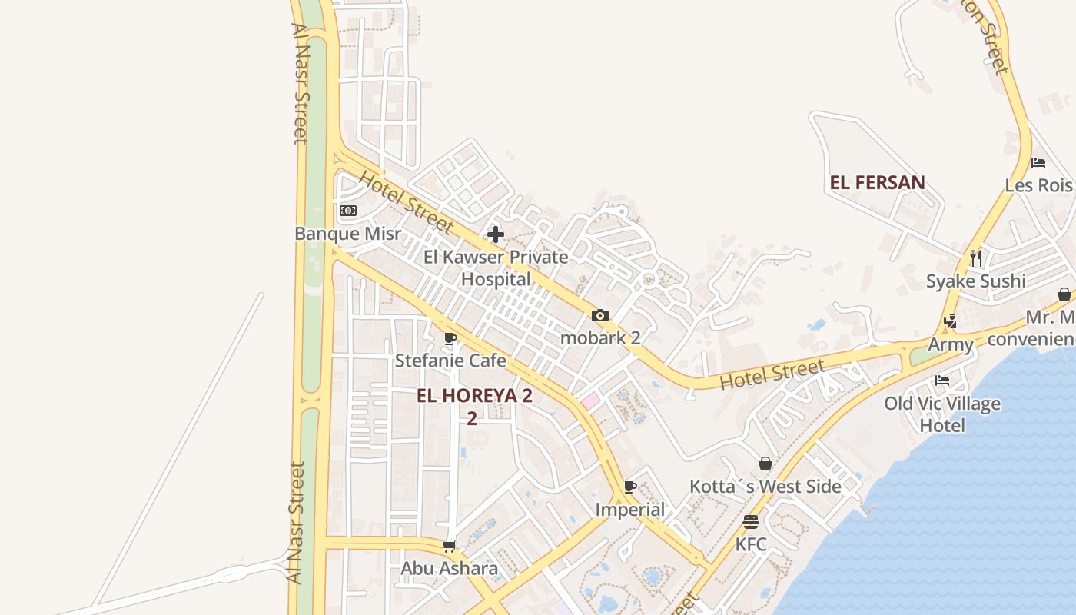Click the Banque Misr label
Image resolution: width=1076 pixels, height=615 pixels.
tap(348, 234)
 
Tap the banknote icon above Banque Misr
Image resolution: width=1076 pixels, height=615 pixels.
tap(348, 211)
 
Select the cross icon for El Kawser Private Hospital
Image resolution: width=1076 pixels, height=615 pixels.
tap(496, 234)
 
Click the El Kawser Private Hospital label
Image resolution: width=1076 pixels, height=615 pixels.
tap(496, 268)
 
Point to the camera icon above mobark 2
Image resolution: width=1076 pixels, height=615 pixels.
tap(600, 315)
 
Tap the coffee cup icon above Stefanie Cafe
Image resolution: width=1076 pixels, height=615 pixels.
tap(450, 338)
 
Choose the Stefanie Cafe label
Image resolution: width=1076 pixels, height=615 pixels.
tap(450, 361)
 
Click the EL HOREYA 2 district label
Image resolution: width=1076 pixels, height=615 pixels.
tap(474, 397)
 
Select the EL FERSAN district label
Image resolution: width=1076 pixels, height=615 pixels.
tap(877, 183)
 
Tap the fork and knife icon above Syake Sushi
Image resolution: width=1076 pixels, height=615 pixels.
tap(976, 258)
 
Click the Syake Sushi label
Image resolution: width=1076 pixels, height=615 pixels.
tap(975, 281)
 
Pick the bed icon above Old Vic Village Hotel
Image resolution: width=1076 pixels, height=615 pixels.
tap(942, 380)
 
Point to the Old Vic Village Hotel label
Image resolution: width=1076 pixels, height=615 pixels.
tap(942, 414)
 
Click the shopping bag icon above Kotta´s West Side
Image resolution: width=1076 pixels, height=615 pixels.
tap(765, 464)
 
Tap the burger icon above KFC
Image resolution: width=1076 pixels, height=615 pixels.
tap(751, 522)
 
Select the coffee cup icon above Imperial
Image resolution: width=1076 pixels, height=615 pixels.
tap(630, 487)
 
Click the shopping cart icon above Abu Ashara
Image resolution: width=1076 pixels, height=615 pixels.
tap(450, 546)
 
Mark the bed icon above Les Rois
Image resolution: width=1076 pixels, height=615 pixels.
tap(1038, 163)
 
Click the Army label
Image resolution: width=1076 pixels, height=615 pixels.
tap(951, 344)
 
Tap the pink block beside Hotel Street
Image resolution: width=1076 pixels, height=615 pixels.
tap(589, 401)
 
